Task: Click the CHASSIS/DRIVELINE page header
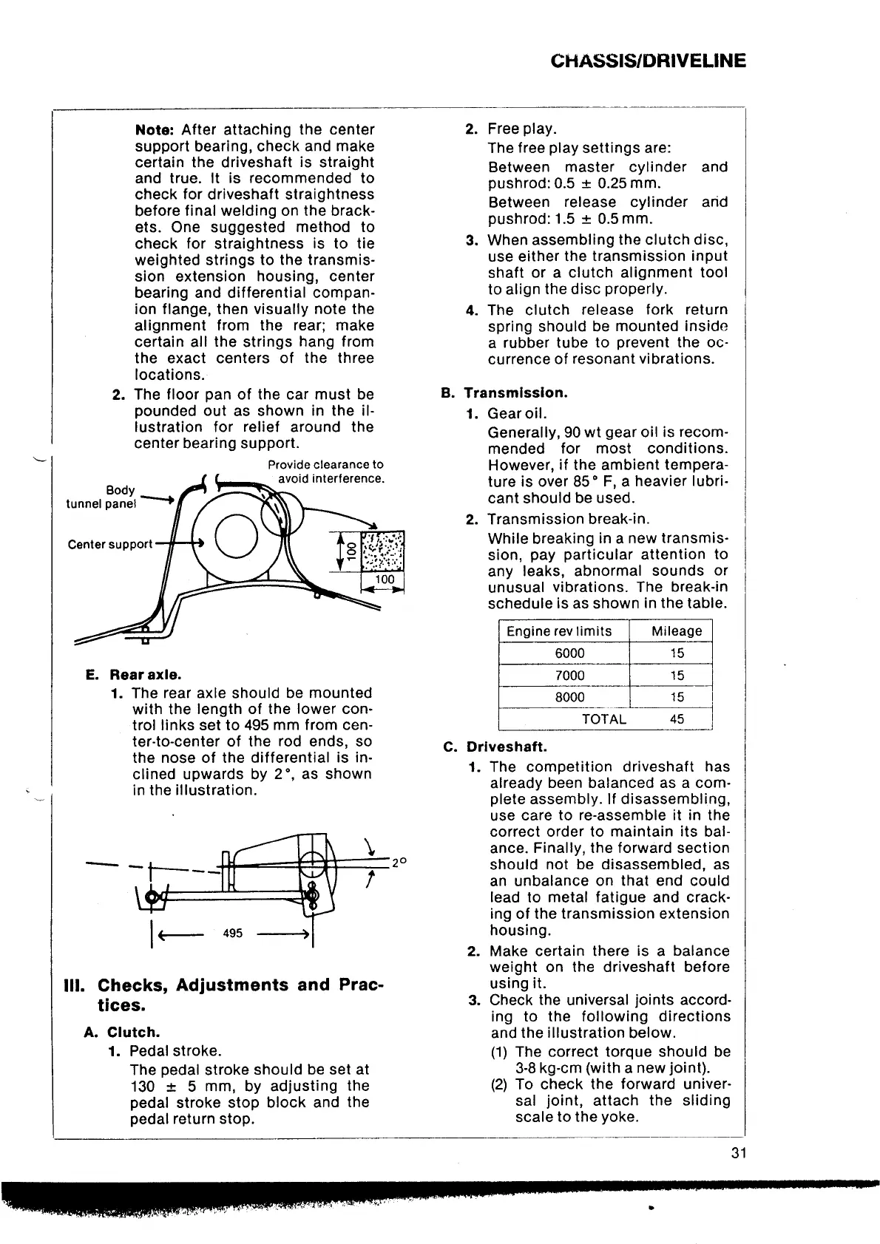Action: click(x=649, y=61)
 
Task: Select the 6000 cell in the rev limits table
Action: click(x=569, y=653)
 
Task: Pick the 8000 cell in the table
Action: click(x=569, y=697)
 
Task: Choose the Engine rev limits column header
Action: click(x=559, y=631)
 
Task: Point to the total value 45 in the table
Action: click(x=676, y=718)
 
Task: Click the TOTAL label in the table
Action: click(x=604, y=718)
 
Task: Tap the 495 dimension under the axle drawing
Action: click(x=232, y=933)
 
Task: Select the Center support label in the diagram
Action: click(x=109, y=545)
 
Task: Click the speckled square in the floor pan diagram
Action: click(x=382, y=551)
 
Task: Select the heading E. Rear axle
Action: click(x=133, y=674)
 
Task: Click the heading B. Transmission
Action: click(x=504, y=392)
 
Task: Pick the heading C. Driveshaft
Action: click(x=495, y=747)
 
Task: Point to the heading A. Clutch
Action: click(x=122, y=1032)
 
